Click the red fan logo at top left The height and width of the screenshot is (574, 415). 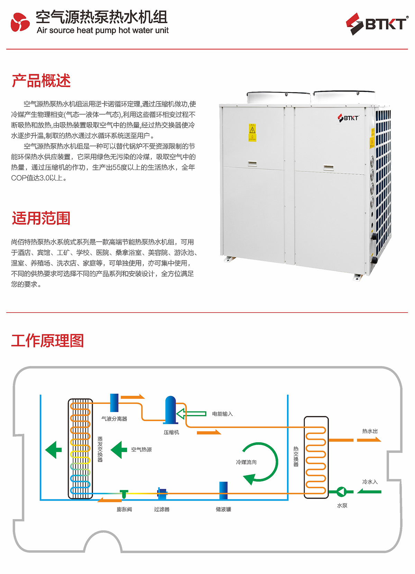[20, 22]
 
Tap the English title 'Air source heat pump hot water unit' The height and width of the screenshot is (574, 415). [103, 30]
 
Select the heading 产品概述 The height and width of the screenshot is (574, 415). [41, 81]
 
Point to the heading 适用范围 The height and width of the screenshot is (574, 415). [41, 219]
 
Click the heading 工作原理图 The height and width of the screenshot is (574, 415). [48, 341]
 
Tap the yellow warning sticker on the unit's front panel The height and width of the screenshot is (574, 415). [252, 132]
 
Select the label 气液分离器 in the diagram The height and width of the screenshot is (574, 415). [114, 419]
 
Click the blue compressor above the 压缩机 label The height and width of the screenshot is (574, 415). [170, 410]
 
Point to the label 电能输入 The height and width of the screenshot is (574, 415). [222, 414]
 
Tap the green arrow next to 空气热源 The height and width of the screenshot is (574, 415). [119, 450]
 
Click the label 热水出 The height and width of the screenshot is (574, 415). [370, 431]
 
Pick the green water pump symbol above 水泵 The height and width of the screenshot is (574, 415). [341, 491]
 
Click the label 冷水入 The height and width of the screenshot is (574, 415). [370, 482]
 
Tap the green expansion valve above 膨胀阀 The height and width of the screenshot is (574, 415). [124, 494]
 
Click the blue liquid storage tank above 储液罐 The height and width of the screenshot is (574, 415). [223, 490]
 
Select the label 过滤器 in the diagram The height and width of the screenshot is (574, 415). [162, 509]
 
